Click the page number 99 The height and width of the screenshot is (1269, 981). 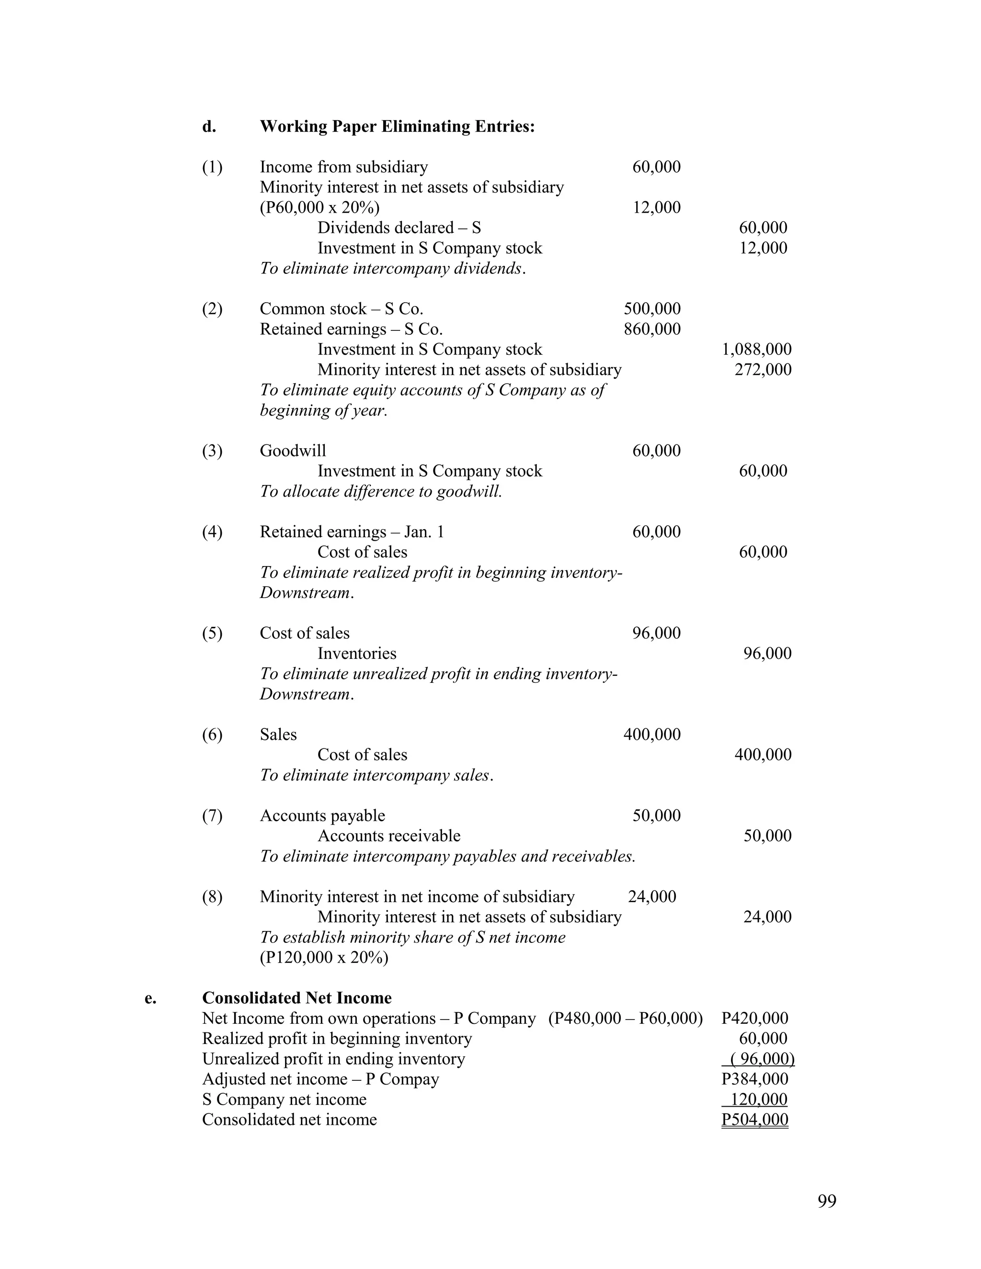826,1201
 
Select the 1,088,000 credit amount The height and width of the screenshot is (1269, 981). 756,349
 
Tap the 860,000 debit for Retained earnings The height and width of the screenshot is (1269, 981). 652,329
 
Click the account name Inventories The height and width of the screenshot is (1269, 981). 357,653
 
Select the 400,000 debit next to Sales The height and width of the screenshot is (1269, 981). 652,735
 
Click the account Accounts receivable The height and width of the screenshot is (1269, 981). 389,836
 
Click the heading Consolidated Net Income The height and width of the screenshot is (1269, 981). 297,997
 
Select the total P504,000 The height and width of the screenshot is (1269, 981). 754,1120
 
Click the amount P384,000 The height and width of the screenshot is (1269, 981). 754,1079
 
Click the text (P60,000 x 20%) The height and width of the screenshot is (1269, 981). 319,207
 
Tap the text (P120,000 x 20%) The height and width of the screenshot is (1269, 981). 324,957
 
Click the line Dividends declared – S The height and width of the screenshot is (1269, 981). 399,228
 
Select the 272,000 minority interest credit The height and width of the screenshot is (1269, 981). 763,370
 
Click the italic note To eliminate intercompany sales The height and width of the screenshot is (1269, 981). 376,775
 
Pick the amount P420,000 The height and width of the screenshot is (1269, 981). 754,1018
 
